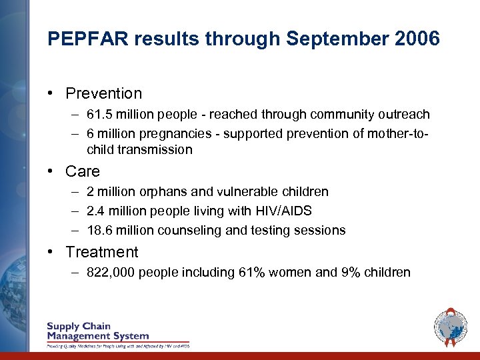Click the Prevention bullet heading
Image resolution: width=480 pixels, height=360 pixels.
[x=103, y=93]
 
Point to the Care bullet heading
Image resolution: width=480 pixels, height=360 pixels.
[x=83, y=171]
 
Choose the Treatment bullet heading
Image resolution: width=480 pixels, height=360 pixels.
[x=102, y=252]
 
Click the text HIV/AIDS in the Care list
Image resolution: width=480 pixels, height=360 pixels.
[x=284, y=211]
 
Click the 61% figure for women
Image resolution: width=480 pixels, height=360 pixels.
[x=252, y=272]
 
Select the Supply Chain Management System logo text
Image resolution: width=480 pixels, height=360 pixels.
[x=97, y=331]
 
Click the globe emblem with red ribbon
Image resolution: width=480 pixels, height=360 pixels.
[x=450, y=326]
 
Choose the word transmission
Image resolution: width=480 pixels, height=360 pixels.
[x=155, y=149]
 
